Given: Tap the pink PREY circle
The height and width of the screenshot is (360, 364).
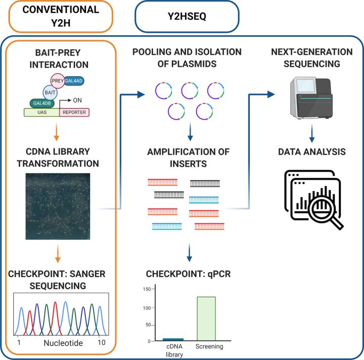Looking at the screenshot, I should pyautogui.click(x=57, y=81).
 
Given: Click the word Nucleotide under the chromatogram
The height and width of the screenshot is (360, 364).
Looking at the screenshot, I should pyautogui.click(x=60, y=342).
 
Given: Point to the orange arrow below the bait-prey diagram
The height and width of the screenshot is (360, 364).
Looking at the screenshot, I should pyautogui.click(x=60, y=134).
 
